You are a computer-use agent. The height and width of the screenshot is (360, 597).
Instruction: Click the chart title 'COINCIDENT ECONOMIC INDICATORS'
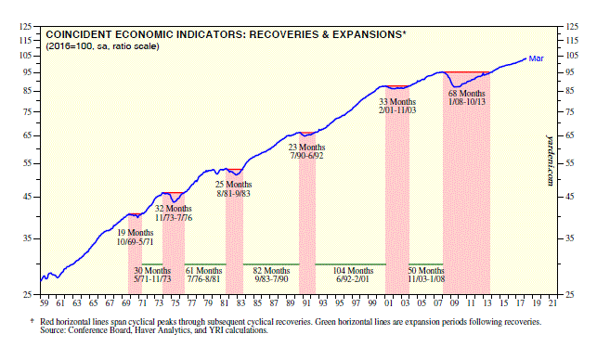pyautogui.click(x=145, y=34)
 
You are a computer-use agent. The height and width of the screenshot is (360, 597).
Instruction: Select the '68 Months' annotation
pyautogui.click(x=466, y=93)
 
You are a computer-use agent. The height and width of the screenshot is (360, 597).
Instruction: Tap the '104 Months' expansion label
pyautogui.click(x=353, y=271)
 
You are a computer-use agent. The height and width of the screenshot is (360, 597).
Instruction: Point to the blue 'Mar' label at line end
pyautogui.click(x=536, y=58)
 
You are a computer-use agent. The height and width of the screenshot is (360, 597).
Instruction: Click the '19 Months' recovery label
pyautogui.click(x=136, y=233)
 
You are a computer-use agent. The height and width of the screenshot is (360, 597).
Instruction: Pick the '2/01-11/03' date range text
pyautogui.click(x=397, y=110)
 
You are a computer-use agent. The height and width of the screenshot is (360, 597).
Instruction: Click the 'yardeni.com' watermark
pyautogui.click(x=550, y=161)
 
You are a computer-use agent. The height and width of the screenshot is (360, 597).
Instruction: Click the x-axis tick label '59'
pyautogui.click(x=45, y=302)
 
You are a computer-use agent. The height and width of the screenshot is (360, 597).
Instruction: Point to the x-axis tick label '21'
pyautogui.click(x=552, y=302)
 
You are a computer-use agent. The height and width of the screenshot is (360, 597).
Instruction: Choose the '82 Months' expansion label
pyautogui.click(x=271, y=271)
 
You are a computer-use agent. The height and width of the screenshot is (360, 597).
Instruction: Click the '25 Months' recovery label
pyautogui.click(x=233, y=185)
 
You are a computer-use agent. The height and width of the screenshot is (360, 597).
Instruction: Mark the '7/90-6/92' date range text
pyautogui.click(x=307, y=156)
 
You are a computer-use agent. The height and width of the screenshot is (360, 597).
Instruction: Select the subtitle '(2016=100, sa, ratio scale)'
pyautogui.click(x=102, y=46)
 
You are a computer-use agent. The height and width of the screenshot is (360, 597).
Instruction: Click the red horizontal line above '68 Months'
pyautogui.click(x=466, y=72)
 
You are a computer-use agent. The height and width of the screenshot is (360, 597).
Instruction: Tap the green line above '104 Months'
pyautogui.click(x=350, y=264)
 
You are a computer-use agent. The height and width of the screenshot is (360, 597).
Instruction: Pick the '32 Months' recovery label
pyautogui.click(x=174, y=209)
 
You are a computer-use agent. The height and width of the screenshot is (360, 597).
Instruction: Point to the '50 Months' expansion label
pyautogui.click(x=426, y=271)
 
